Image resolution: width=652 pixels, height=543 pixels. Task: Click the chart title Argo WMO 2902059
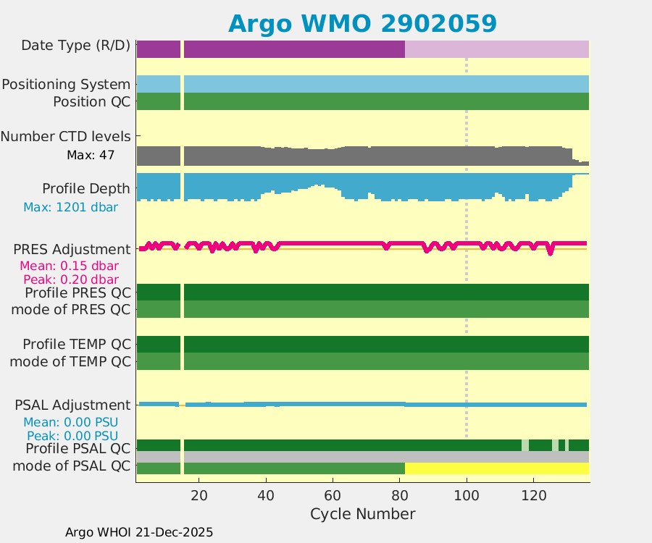(x=362, y=23)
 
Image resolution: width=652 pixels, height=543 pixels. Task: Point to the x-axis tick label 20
(x=199, y=497)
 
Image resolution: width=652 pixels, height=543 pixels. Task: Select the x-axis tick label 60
(x=333, y=497)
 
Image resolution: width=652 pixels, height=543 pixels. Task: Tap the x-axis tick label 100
(x=467, y=497)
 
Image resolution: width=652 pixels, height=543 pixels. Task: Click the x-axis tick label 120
(x=533, y=497)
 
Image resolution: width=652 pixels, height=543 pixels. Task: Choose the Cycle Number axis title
(x=362, y=514)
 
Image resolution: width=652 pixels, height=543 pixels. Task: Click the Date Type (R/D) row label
(x=76, y=46)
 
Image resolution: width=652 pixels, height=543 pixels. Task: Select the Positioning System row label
(x=66, y=85)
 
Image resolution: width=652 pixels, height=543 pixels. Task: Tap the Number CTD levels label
(x=66, y=136)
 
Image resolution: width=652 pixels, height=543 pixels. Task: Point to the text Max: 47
(x=91, y=155)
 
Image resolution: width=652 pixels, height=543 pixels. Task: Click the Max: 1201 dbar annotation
(x=70, y=207)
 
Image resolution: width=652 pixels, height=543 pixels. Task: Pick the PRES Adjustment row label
(x=72, y=249)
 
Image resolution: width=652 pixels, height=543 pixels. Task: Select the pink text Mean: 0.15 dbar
(x=69, y=266)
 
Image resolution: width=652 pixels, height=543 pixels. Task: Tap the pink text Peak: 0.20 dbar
(x=71, y=279)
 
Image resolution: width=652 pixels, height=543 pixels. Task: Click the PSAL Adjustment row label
(x=72, y=405)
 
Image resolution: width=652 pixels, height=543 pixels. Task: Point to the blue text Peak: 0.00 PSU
(x=72, y=436)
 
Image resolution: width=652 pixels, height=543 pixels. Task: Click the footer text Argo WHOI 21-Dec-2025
(x=139, y=532)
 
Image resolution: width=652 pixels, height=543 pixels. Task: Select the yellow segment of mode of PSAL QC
(x=497, y=468)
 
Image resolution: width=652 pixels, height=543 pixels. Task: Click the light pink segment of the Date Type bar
(x=497, y=49)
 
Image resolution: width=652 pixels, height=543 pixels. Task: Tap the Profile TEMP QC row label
(x=77, y=344)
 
